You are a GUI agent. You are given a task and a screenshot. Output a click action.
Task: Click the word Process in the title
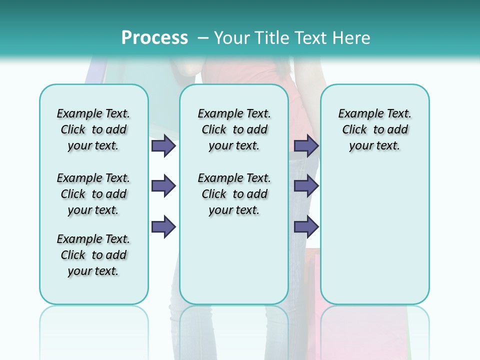(154, 38)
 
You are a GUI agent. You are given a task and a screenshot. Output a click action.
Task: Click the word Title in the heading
(272, 38)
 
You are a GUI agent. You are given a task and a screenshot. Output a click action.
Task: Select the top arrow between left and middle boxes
(163, 146)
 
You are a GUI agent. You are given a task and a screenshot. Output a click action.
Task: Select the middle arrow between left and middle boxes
(163, 186)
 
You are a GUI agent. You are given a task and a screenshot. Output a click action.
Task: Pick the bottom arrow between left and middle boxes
(163, 226)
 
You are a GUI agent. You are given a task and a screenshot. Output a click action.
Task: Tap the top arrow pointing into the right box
(306, 146)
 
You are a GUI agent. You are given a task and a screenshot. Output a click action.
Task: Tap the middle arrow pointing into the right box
(306, 186)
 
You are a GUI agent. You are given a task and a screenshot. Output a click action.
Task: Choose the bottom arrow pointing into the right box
(306, 226)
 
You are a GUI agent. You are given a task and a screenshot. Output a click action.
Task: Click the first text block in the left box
(93, 129)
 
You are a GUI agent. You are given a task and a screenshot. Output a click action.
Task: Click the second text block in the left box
(93, 194)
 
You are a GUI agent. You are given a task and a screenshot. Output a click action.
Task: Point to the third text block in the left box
(93, 255)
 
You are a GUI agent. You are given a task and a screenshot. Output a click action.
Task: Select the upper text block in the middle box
(234, 129)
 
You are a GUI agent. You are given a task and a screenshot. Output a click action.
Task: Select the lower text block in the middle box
(234, 194)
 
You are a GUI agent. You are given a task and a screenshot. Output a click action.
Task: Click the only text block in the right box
(374, 129)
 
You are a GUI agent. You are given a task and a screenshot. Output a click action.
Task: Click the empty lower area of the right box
(374, 235)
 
